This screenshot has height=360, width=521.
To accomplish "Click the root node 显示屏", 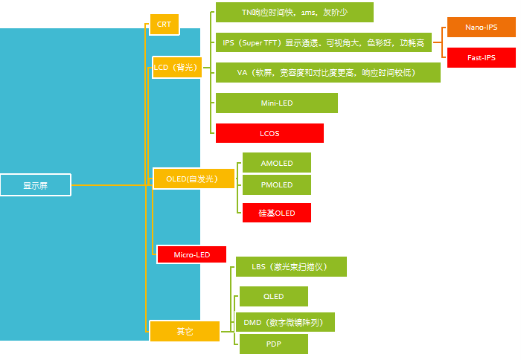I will [36, 185].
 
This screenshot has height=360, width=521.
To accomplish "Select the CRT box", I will [164, 25].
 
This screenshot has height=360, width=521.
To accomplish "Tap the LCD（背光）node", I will [177, 67].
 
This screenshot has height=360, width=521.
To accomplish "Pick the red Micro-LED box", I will [191, 254].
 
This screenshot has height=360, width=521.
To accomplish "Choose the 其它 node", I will [185, 331].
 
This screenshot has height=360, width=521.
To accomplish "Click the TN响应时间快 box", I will [294, 13].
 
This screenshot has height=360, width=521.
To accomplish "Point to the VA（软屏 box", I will [327, 73].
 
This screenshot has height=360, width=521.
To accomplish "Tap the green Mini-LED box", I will [276, 103].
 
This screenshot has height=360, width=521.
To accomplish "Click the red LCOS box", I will [269, 133].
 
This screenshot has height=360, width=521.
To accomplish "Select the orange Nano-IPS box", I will [481, 28].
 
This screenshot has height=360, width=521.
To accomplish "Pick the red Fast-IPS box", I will [481, 57].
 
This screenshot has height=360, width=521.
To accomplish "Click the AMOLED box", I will [277, 163].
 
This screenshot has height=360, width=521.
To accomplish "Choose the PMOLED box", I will [277, 184].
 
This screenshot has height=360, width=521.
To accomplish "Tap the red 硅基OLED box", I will [277, 213].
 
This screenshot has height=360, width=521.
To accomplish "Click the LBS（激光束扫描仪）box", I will [291, 266].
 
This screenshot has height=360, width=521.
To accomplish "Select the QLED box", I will [273, 297].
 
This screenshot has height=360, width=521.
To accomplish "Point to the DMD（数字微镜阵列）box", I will [287, 322].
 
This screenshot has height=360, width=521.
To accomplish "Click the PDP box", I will [273, 344].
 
